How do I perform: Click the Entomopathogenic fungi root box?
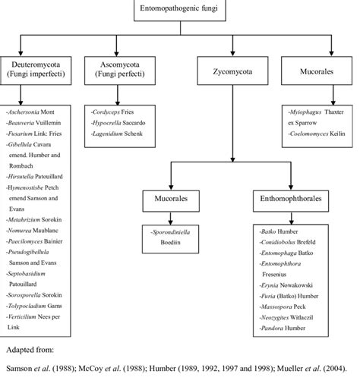(180, 10)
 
